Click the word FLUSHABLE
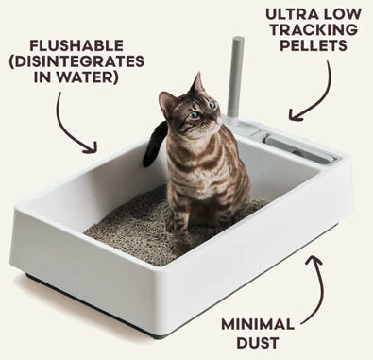tap(76, 45)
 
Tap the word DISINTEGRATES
tap(79, 61)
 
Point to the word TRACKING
tap(314, 30)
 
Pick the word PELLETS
tap(314, 45)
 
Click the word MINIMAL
tap(258, 324)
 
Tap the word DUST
tap(258, 342)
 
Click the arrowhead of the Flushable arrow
tap(93, 148)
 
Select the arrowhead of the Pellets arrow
tap(295, 115)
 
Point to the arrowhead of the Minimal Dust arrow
tap(314, 260)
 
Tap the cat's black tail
tap(154, 144)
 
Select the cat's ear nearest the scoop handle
tap(198, 82)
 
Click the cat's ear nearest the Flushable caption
tap(167, 101)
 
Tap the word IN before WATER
tap(44, 77)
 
